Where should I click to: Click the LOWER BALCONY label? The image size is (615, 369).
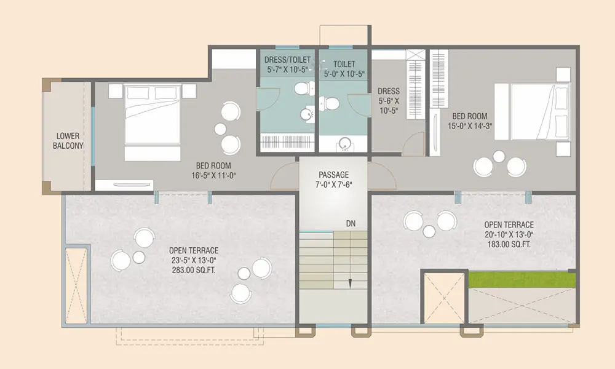(68, 141)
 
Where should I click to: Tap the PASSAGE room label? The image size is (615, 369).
(333, 175)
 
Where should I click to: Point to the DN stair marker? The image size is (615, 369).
(351, 223)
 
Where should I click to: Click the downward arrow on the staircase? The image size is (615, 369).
(351, 283)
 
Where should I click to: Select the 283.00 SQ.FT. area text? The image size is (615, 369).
(194, 270)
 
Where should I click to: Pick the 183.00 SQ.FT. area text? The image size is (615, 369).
(509, 244)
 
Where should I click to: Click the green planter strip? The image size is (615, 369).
(522, 280)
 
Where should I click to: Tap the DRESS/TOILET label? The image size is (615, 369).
(287, 60)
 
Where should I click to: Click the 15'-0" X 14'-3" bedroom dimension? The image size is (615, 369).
(470, 126)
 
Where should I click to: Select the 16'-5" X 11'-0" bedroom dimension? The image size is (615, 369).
(213, 175)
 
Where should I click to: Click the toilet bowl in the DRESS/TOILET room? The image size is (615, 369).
(304, 88)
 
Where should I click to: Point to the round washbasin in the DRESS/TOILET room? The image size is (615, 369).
(307, 115)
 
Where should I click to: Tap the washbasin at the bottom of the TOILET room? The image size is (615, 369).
(345, 144)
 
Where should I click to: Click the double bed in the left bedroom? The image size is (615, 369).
(152, 122)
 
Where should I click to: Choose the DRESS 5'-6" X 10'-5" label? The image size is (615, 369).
(388, 101)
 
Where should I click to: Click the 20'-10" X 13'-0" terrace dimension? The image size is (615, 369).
(509, 234)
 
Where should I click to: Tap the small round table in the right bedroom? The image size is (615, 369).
(499, 156)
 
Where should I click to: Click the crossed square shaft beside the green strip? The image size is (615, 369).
(445, 297)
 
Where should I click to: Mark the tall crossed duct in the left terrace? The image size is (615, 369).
(76, 285)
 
